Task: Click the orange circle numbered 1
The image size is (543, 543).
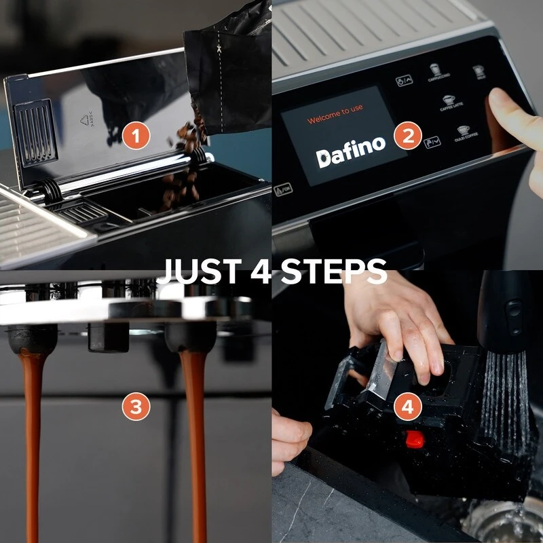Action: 136,136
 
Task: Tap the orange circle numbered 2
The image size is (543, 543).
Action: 407,136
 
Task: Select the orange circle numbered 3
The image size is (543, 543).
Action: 136,407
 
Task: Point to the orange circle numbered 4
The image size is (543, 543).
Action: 407,407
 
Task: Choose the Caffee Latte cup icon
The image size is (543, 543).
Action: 448,100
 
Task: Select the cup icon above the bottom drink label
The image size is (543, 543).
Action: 464,128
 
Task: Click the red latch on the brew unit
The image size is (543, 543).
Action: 414,439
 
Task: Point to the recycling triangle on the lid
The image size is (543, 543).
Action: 85,121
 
